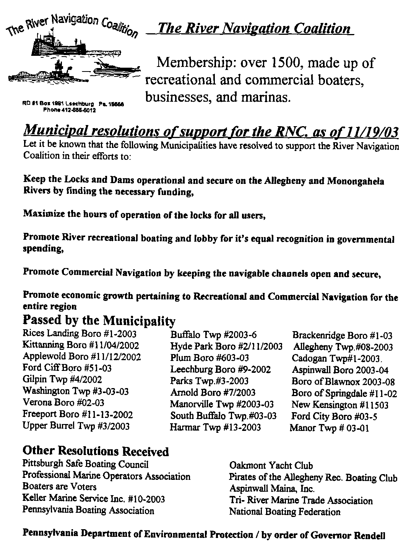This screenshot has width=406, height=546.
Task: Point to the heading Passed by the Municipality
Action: (x=99, y=320)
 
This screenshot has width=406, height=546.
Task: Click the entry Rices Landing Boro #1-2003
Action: (x=80, y=334)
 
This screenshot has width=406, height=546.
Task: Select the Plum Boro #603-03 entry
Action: (x=210, y=358)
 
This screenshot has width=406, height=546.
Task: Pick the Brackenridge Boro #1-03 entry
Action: (x=342, y=336)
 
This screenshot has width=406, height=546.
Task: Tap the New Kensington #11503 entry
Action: (x=340, y=405)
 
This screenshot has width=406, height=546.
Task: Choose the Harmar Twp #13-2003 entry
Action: (x=215, y=427)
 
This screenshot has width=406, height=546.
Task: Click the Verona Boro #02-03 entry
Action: (x=63, y=403)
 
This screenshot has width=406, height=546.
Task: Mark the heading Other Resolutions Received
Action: (x=96, y=452)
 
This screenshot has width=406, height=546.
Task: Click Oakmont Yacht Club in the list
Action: (x=271, y=465)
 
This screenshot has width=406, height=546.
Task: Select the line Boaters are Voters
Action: (x=60, y=487)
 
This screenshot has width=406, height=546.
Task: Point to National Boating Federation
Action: (x=284, y=512)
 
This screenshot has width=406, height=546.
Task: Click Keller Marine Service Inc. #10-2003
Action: (x=94, y=499)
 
